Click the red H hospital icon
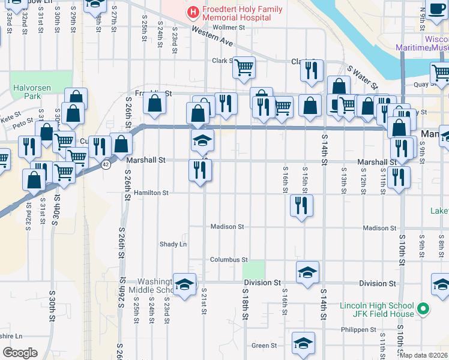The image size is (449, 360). point(193,11)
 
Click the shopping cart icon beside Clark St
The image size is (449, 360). point(244,68)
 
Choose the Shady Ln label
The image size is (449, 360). point(173,244)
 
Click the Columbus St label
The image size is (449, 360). point(229,260)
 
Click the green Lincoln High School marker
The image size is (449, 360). point(424,310)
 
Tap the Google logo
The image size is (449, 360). point(20,353)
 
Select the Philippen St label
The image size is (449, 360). point(358,329)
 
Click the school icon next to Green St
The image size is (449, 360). point(304,343)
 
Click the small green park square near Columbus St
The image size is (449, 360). point(257,269)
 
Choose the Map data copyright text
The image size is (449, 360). point(423,355)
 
